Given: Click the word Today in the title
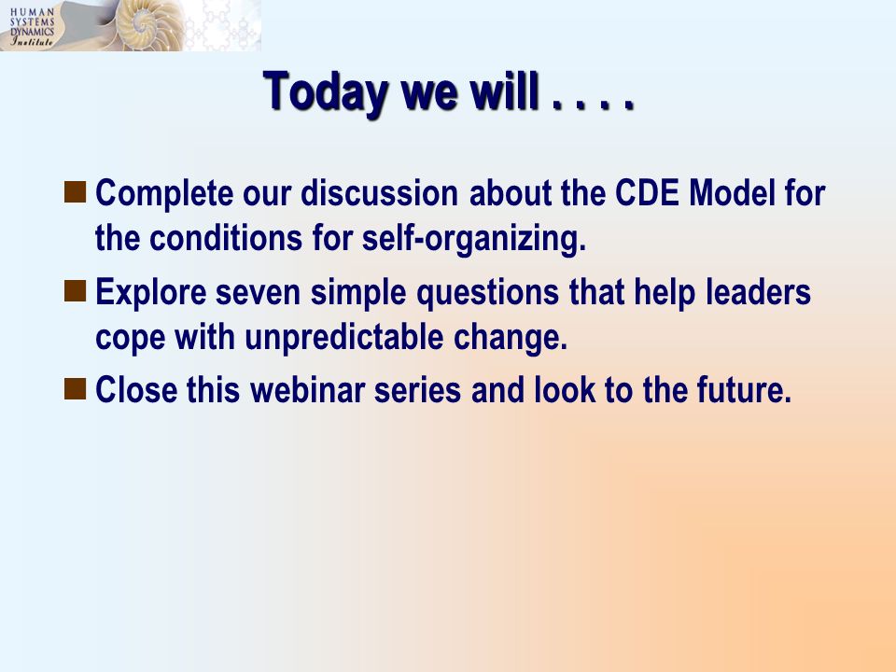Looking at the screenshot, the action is (326, 92).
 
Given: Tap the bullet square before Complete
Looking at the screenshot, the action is (75, 192).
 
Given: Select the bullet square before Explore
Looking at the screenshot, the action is (75, 291).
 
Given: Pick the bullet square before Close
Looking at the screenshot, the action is (75, 388).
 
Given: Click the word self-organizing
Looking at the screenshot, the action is (474, 239).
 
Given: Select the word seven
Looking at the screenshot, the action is (258, 292).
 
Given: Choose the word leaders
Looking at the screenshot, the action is (758, 291).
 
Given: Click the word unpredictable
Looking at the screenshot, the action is (344, 338).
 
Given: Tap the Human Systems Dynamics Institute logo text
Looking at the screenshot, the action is (32, 26).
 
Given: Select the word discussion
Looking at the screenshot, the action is (380, 192).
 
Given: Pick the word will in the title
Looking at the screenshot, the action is (505, 91).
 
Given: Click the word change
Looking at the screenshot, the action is (511, 338).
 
